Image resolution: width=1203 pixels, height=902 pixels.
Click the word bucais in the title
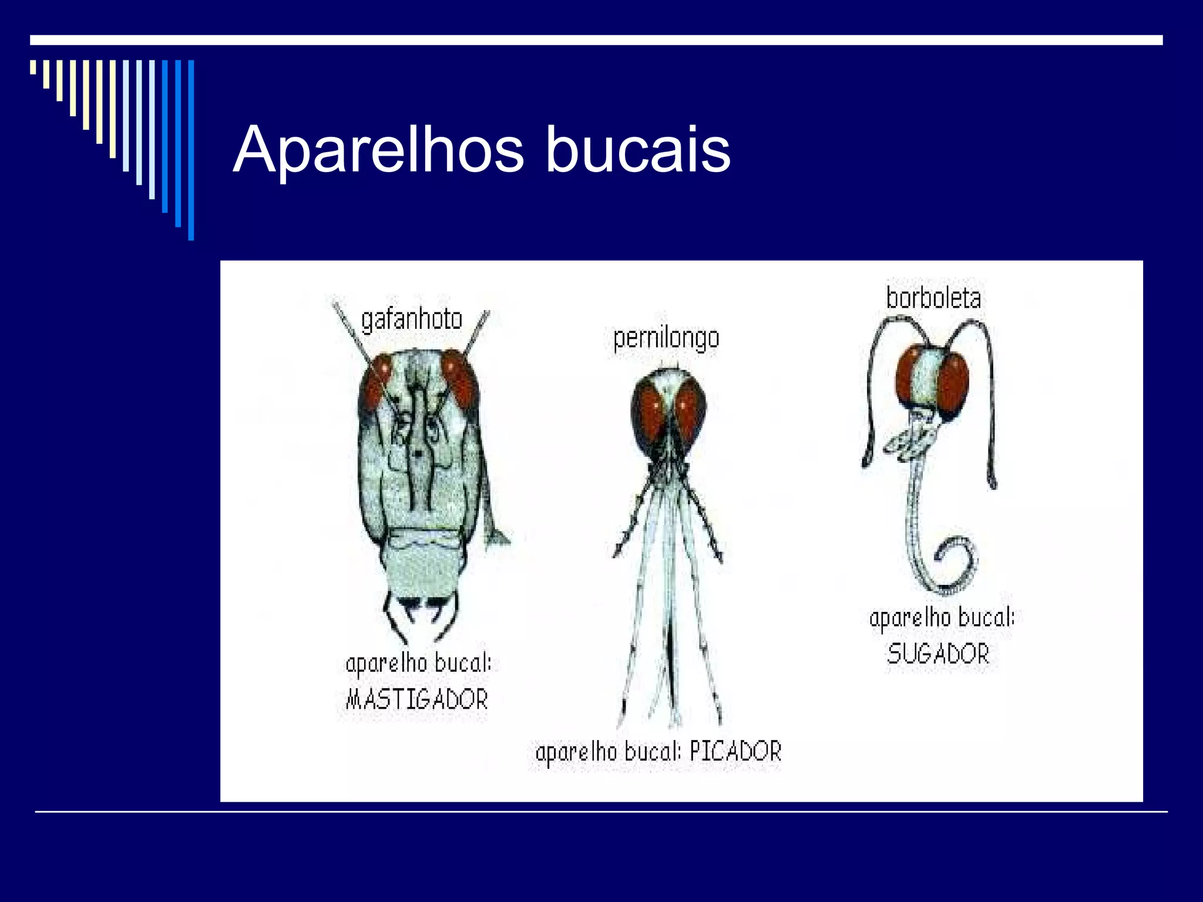tap(638, 150)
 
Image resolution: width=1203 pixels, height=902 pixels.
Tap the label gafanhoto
tap(412, 321)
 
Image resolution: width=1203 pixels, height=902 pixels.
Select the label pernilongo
tap(666, 339)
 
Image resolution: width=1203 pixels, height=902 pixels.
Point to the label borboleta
tap(933, 298)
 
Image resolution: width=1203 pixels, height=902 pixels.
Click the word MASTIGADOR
tap(417, 699)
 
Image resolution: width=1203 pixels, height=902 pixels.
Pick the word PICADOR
tap(735, 752)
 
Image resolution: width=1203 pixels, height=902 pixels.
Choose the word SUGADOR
tap(938, 654)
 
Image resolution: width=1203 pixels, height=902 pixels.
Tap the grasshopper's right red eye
tap(459, 379)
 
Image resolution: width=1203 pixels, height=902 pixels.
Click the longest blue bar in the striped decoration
tap(191, 150)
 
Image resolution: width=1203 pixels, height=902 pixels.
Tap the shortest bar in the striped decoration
tap(33, 67)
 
